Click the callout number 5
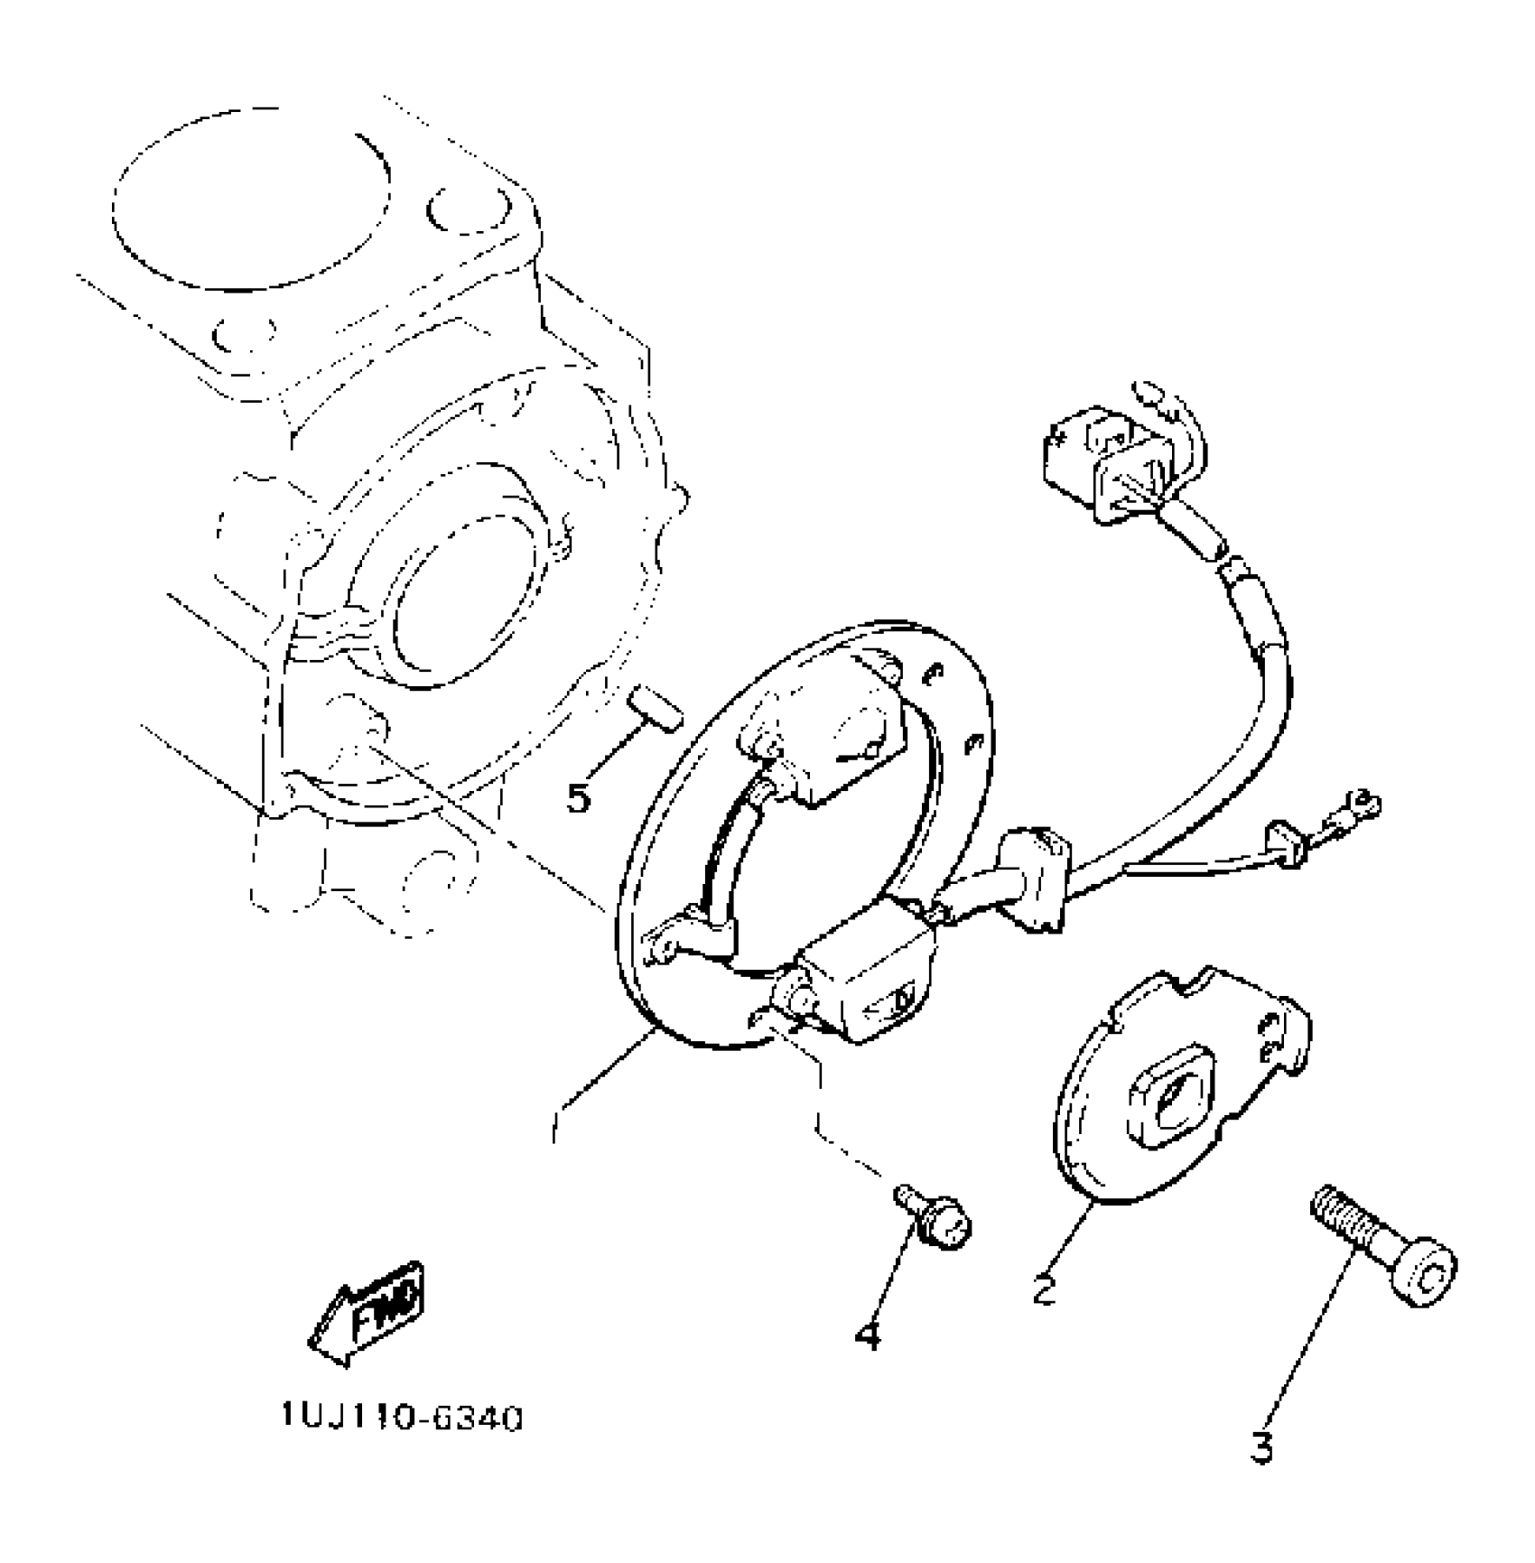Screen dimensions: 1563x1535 tap(579, 797)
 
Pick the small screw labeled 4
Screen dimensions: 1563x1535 tap(935, 1221)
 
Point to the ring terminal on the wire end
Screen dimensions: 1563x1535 tap(1362, 801)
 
